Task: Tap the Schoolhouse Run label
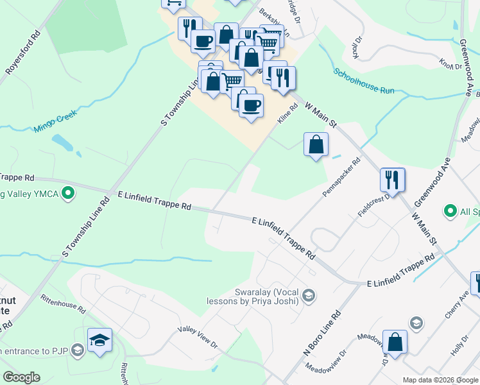pos(364,81)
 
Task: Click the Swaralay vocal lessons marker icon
pos(308,295)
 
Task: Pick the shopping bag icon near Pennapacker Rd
pos(316,145)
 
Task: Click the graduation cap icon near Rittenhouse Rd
pos(100,340)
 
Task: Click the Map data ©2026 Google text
pos(440,380)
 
